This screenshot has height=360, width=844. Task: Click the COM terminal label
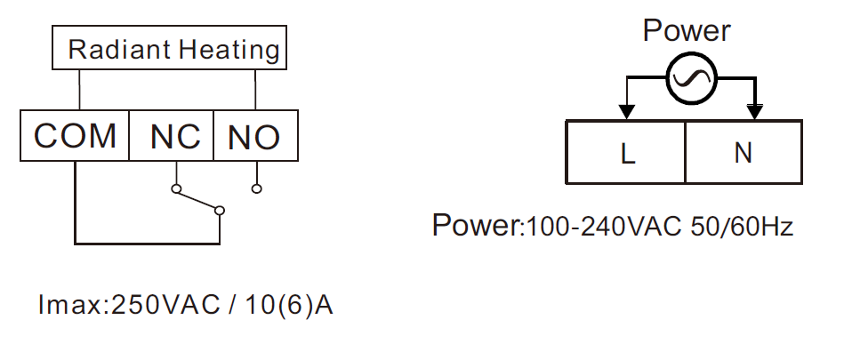click(75, 136)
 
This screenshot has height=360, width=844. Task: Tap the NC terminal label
click(175, 137)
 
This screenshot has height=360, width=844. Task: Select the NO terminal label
click(254, 137)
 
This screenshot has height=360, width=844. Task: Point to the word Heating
click(229, 51)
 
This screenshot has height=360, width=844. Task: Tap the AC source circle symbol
click(692, 78)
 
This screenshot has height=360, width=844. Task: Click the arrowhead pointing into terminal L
click(625, 111)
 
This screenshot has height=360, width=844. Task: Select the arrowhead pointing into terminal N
click(755, 111)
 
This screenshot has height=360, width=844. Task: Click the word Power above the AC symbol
click(687, 30)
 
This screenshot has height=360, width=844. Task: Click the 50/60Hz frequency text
click(743, 227)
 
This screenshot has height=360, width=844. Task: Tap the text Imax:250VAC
click(129, 306)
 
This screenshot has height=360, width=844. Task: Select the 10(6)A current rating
click(289, 306)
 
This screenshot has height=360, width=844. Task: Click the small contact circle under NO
click(257, 188)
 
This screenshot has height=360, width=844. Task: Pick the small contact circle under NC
click(175, 188)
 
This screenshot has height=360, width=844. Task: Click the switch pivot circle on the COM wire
click(219, 211)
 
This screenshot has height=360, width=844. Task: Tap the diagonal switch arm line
click(197, 200)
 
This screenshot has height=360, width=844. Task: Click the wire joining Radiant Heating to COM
click(80, 90)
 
